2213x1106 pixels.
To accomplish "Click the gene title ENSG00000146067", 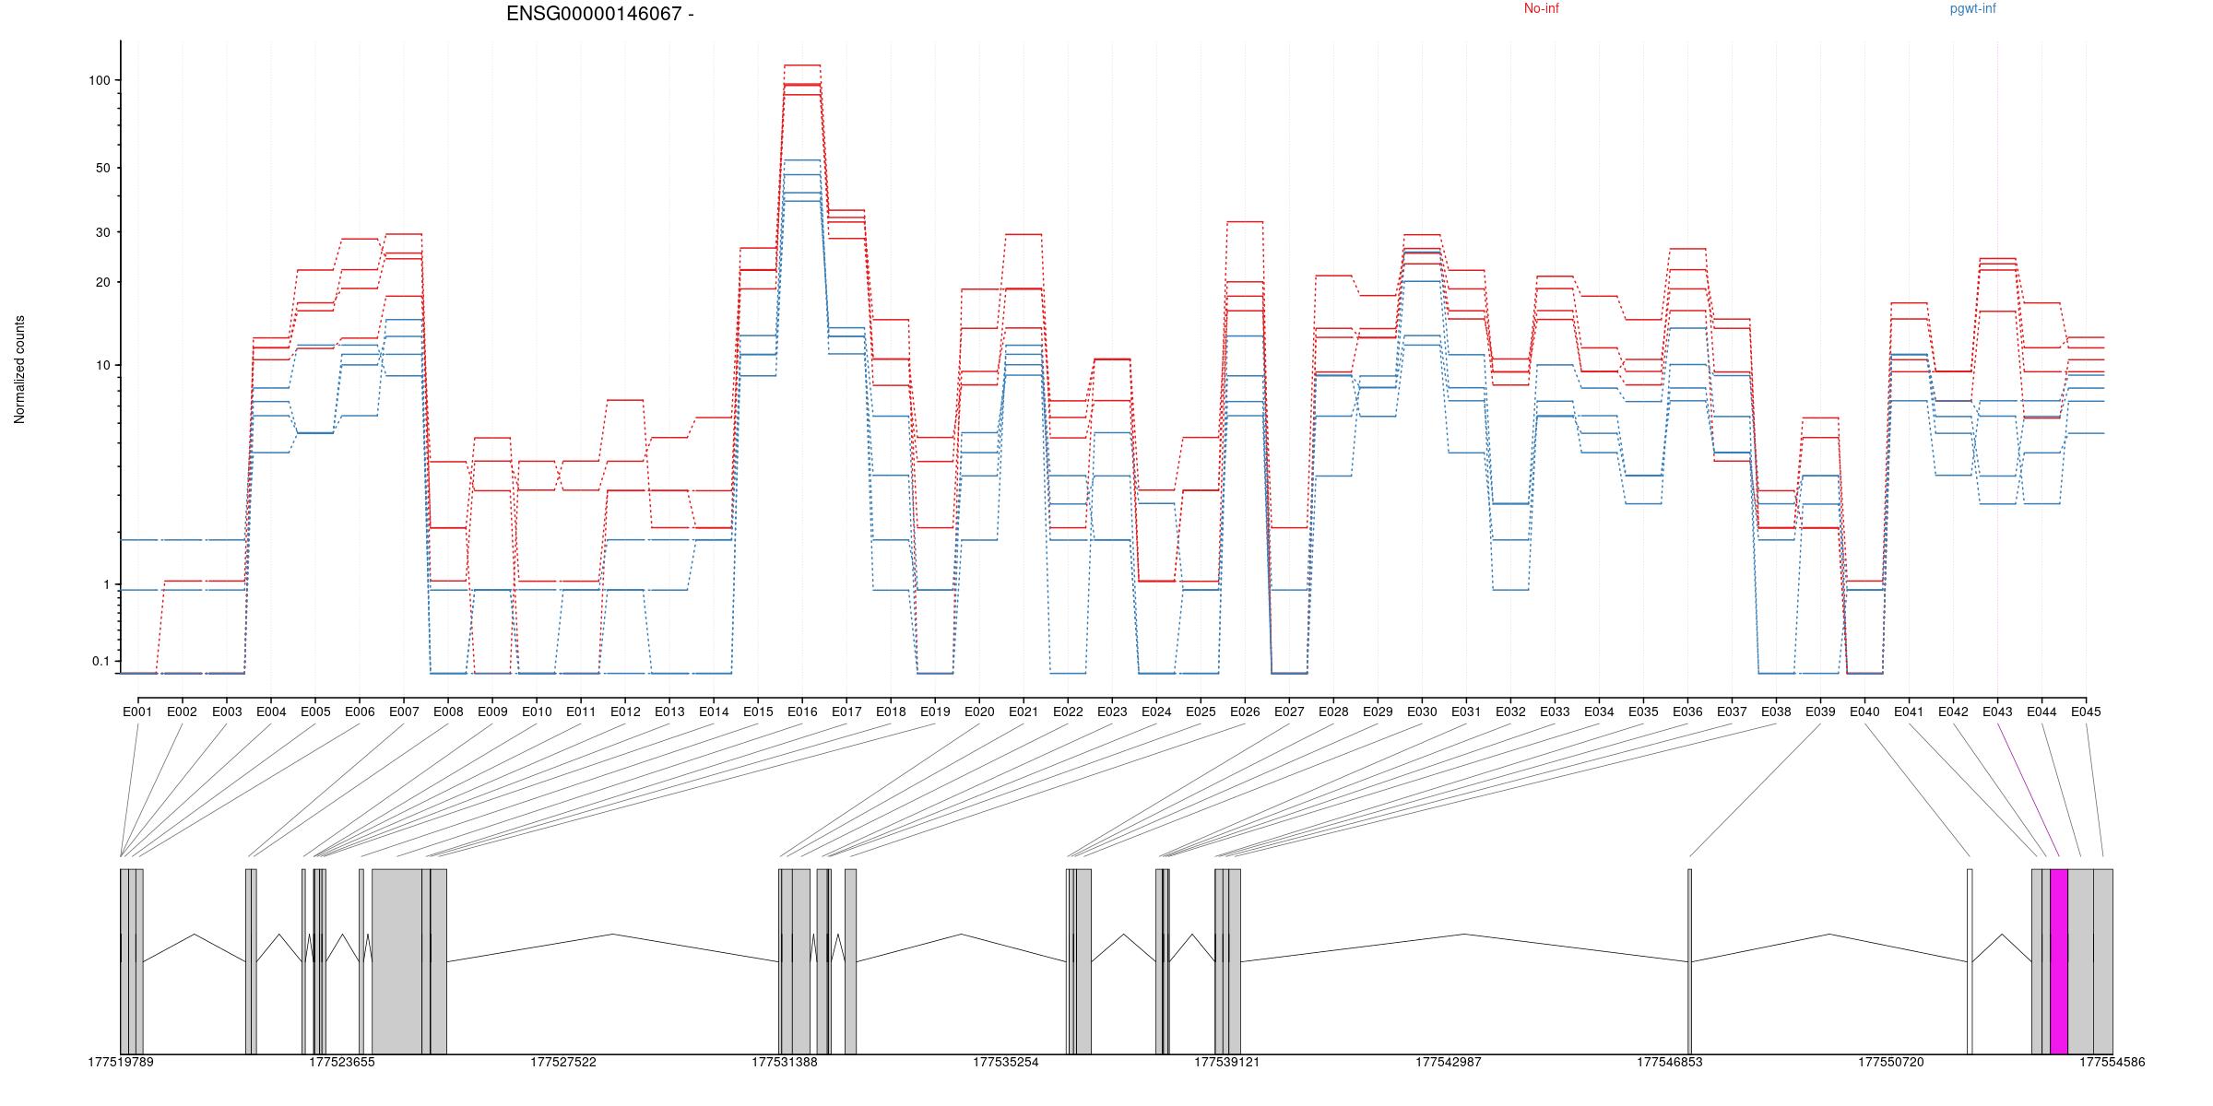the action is [x=594, y=14].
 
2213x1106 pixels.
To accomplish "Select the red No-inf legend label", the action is [x=1541, y=9].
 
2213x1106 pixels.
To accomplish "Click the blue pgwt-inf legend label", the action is [x=1972, y=9].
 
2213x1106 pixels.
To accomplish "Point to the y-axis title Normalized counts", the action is [x=19, y=370].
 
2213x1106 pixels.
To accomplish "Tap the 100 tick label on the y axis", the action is [x=99, y=80].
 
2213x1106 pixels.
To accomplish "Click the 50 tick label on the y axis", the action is [x=102, y=168].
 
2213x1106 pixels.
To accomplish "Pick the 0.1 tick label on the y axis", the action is [x=101, y=661].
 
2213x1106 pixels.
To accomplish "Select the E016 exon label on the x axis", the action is [x=802, y=712].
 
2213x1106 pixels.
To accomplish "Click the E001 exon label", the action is [x=137, y=712].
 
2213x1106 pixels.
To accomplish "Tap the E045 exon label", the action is [x=2086, y=712].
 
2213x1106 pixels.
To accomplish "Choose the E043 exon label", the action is [x=1997, y=712].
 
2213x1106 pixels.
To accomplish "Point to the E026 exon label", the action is [x=1245, y=712].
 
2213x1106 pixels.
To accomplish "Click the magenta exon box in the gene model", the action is [x=2059, y=960].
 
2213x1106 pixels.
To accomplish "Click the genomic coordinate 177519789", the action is [x=121, y=1063].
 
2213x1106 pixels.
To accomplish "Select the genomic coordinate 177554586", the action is [x=2112, y=1063].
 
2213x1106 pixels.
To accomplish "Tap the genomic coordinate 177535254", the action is [x=1005, y=1063].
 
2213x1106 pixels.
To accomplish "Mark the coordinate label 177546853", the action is [x=1669, y=1063].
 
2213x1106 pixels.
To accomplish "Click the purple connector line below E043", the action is [x=2029, y=789].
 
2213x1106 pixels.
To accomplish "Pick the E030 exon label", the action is [x=1422, y=712].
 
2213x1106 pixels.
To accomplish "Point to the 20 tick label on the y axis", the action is [x=102, y=282].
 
